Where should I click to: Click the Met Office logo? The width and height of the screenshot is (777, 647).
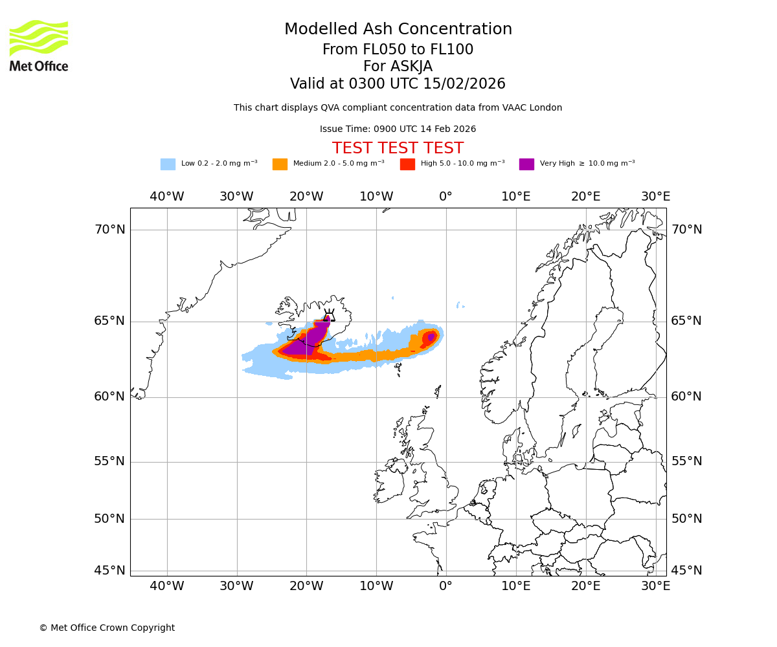click(39, 45)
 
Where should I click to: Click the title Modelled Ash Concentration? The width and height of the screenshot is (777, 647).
click(398, 30)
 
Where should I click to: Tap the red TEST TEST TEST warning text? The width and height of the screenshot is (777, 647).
click(398, 148)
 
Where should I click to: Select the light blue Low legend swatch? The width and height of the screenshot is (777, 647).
click(168, 164)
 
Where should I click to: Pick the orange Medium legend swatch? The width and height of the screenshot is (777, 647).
click(280, 164)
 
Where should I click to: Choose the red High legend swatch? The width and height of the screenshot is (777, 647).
click(407, 164)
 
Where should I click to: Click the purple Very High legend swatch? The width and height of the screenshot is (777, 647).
click(526, 164)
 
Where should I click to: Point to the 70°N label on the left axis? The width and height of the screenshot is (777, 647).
click(109, 230)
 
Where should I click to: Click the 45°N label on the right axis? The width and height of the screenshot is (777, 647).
click(686, 571)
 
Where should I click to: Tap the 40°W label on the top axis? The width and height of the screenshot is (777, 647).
click(167, 197)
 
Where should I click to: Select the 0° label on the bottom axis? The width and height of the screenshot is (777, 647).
click(445, 586)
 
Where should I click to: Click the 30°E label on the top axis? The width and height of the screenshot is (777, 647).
click(655, 197)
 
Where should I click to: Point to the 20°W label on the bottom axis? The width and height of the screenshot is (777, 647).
click(306, 586)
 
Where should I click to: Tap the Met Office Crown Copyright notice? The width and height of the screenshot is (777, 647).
click(107, 628)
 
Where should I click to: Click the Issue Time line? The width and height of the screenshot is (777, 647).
click(398, 129)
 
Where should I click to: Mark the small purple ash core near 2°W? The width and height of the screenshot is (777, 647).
click(431, 337)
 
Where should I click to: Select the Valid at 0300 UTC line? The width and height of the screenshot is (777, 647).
click(398, 84)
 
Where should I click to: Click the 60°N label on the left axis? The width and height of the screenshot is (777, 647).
click(109, 397)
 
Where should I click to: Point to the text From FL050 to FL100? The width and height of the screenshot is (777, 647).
click(398, 50)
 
